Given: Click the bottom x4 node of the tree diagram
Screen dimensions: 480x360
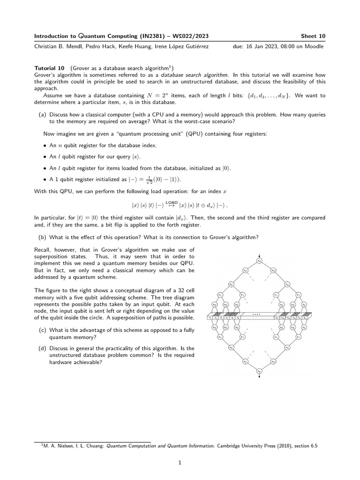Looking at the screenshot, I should pyautogui.click(x=259, y=371).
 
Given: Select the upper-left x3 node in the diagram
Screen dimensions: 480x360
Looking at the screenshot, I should pyautogui.click(x=245, y=270).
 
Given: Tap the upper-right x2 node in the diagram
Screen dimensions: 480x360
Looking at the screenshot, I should pyautogui.click(x=287, y=284).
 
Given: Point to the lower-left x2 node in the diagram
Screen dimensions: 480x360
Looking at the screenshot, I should pyautogui.click(x=231, y=347).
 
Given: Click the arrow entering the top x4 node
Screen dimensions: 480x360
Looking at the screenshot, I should pyautogui.click(x=259, y=254).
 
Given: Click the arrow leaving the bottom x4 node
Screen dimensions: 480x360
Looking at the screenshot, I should pyautogui.click(x=259, y=378).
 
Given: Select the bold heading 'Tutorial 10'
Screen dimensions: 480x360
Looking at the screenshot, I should pyautogui.click(x=51, y=68).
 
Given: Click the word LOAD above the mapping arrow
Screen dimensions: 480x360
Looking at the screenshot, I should pyautogui.click(x=172, y=202).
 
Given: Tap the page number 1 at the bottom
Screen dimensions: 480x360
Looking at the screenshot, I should pyautogui.click(x=180, y=462).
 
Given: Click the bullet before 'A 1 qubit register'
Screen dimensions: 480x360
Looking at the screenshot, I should pyautogui.click(x=45, y=179).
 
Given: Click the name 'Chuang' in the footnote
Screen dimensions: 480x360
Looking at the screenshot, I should pyautogui.click(x=91, y=446).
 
